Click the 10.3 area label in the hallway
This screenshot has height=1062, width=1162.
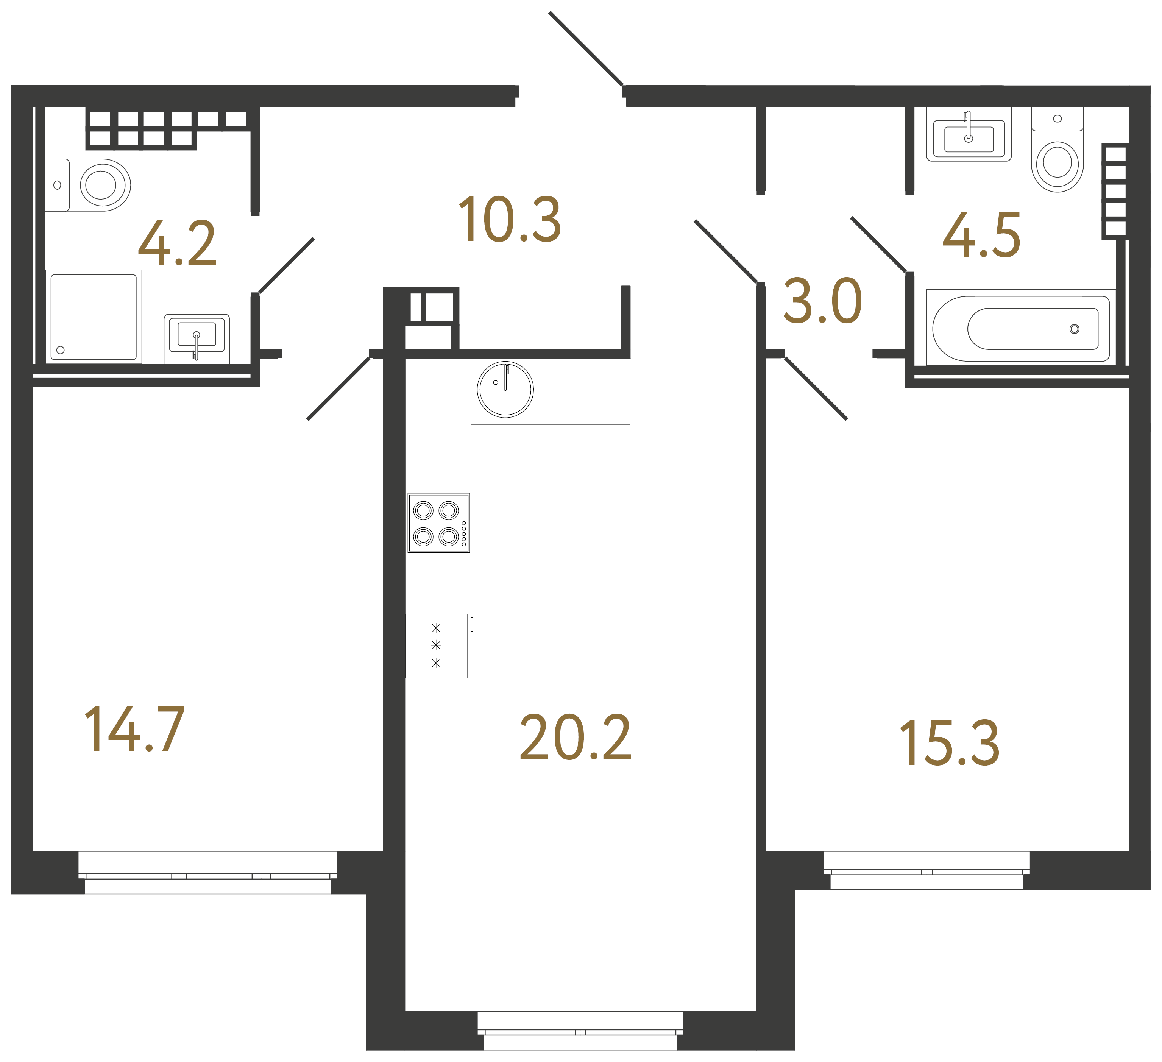point(510,220)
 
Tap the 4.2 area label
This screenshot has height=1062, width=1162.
point(177,244)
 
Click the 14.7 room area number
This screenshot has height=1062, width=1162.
point(134,730)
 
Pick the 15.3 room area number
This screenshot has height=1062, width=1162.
point(949,743)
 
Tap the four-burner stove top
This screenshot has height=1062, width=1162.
point(438,522)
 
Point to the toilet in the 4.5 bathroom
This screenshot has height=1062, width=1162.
point(1057,156)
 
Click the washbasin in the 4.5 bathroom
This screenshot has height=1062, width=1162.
point(969,137)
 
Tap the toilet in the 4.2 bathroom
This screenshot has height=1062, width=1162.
point(92,185)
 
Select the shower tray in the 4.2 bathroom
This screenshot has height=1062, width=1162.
point(94,317)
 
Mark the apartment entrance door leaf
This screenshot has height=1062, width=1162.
point(586,48)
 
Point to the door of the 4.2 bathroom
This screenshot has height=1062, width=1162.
point(287,265)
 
